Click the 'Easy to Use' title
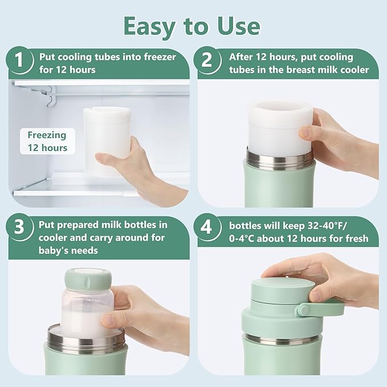(193, 26)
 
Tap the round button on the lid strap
(304, 309)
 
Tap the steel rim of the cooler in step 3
(85, 343)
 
